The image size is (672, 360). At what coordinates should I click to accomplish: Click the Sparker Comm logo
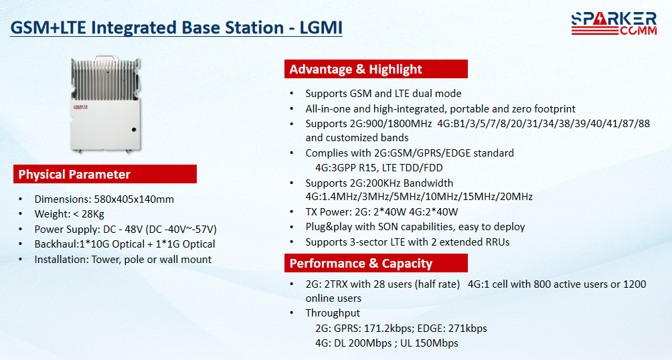pos(614,23)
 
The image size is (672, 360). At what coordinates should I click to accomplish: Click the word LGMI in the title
pos(321,28)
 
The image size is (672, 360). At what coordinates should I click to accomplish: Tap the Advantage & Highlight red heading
pos(376,69)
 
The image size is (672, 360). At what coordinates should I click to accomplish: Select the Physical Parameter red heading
pos(105,174)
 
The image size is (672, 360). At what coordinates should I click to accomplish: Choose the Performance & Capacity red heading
pos(376,263)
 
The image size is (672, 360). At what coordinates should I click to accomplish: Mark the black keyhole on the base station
pos(134,129)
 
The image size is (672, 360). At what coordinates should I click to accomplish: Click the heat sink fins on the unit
pos(106,79)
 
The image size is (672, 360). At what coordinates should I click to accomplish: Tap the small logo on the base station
pos(80,106)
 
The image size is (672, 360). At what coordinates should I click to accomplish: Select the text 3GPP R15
pos(351,168)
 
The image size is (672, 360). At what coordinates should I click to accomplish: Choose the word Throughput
pos(333,313)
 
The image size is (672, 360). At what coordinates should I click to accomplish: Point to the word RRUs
pos(497,242)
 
